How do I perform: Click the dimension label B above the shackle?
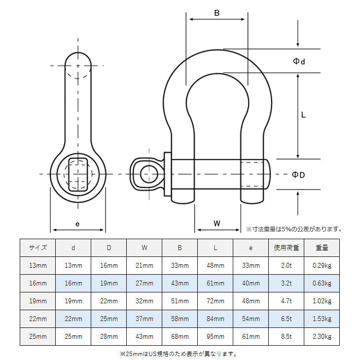tap(216, 13)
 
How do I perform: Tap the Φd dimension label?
tap(299, 61)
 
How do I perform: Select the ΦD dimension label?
tap(298, 175)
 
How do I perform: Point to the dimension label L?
tap(304, 115)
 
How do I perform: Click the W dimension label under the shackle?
tap(217, 223)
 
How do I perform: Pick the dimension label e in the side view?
tap(77, 223)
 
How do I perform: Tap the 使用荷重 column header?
tap(287, 248)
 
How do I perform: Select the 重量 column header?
tap(322, 248)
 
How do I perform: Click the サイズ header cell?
tap(38, 248)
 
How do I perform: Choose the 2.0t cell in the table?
tap(287, 265)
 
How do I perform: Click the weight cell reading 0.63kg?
tap(322, 283)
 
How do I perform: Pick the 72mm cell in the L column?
tap(215, 300)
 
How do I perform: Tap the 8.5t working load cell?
tap(287, 336)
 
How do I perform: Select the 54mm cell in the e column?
tap(251, 319)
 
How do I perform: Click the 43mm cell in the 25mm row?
tap(144, 336)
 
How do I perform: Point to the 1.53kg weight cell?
tap(322, 319)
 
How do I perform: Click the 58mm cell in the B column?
tap(180, 319)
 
